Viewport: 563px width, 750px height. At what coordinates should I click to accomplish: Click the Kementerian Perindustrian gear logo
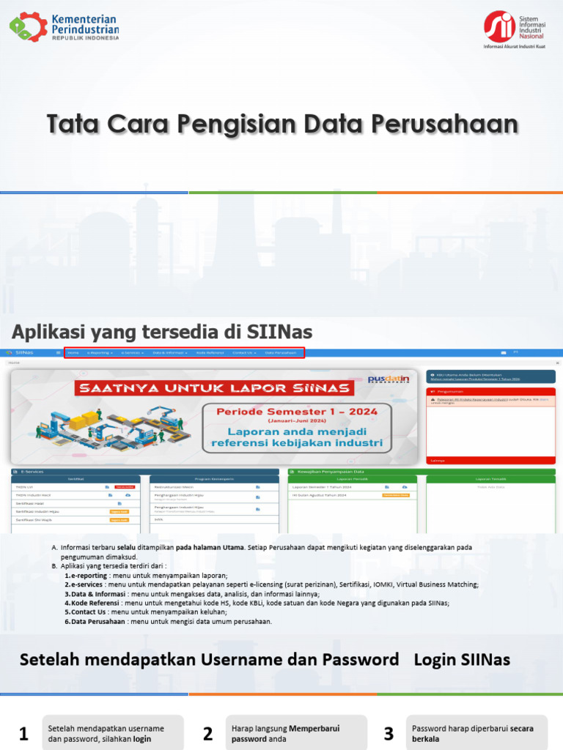[28, 26]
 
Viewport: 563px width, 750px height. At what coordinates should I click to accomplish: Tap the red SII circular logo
[498, 26]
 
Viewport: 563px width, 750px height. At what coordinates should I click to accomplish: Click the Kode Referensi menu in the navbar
[210, 352]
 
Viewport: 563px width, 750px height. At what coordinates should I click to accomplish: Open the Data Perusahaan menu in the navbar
[281, 352]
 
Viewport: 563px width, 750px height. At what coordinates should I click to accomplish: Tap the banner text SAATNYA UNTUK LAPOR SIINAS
[216, 387]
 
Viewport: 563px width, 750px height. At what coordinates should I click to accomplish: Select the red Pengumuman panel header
[491, 392]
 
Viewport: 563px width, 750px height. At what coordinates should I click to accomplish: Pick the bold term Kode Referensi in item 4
[96, 603]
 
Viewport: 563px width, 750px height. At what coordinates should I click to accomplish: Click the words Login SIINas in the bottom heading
[462, 659]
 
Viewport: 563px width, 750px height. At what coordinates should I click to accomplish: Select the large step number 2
[207, 734]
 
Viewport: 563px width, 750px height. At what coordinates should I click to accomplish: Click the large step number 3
[389, 734]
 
